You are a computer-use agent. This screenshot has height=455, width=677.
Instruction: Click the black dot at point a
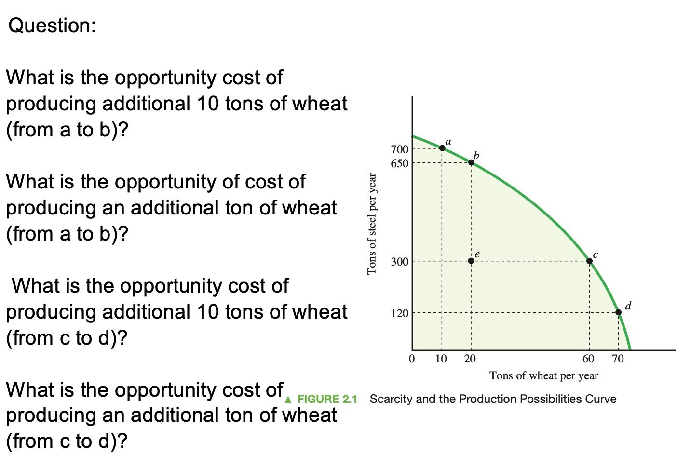(x=442, y=148)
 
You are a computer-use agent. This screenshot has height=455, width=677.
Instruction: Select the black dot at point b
(x=471, y=162)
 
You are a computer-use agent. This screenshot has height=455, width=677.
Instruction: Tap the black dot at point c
(x=589, y=261)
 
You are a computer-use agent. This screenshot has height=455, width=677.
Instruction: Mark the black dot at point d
(x=619, y=312)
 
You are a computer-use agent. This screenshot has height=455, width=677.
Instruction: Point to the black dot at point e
(x=471, y=261)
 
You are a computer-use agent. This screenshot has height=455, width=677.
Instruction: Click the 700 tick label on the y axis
(x=399, y=149)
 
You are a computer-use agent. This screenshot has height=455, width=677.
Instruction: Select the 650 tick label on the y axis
(x=399, y=163)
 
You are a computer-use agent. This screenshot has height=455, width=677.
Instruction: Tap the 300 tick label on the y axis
(x=399, y=262)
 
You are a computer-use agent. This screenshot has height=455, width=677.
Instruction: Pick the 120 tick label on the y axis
(x=399, y=313)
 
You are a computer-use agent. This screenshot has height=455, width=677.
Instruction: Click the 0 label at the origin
(x=411, y=359)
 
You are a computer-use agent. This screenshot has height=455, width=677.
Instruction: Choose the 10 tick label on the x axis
(x=441, y=359)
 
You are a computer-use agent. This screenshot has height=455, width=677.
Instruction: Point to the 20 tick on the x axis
(x=470, y=359)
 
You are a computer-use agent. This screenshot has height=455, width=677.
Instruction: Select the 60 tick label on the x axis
(x=588, y=359)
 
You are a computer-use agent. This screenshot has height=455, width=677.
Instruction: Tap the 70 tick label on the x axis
(x=618, y=359)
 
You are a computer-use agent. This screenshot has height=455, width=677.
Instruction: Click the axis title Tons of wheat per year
(x=544, y=375)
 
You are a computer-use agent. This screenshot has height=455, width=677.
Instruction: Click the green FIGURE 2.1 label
(x=327, y=399)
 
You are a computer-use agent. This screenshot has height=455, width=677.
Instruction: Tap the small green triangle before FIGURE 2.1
(x=288, y=400)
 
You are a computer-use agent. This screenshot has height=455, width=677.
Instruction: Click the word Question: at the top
(x=52, y=26)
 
